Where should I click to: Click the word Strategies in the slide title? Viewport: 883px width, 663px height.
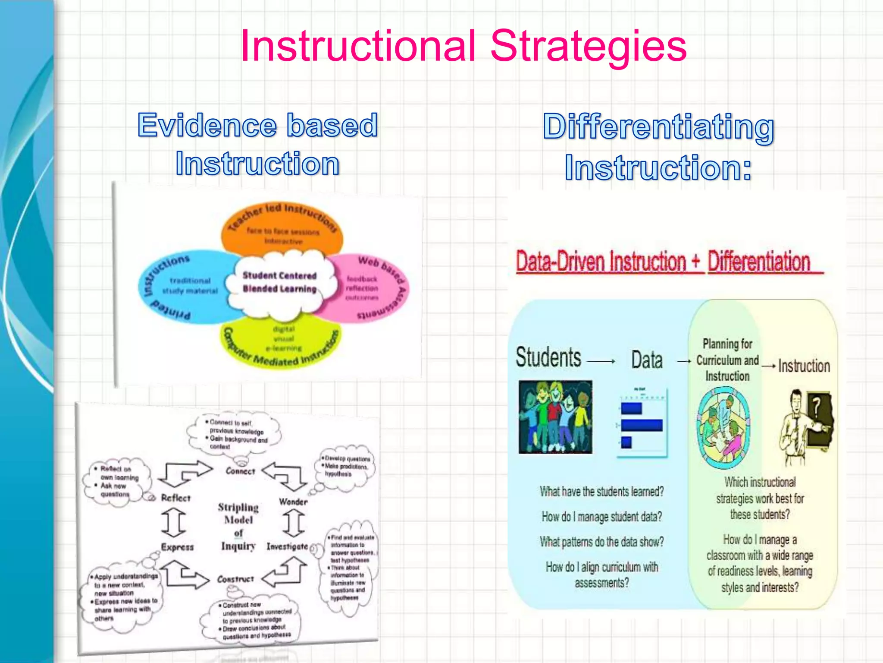pyautogui.click(x=588, y=47)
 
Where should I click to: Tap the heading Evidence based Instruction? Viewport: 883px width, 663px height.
pyautogui.click(x=258, y=144)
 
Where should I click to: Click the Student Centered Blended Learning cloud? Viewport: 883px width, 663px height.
pyautogui.click(x=279, y=282)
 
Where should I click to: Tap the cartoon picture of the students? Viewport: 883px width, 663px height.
pyautogui.click(x=555, y=417)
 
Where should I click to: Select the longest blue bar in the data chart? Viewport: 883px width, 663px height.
pyautogui.click(x=642, y=425)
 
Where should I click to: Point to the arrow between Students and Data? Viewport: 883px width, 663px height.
pyautogui.click(x=601, y=361)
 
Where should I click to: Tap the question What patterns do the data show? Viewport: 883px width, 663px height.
pyautogui.click(x=601, y=542)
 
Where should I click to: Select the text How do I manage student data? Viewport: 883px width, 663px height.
pyautogui.click(x=601, y=517)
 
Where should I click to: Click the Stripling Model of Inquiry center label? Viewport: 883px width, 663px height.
pyautogui.click(x=238, y=526)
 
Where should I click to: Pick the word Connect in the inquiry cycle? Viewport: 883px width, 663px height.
pyautogui.click(x=240, y=471)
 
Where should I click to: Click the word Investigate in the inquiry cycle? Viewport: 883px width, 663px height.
pyautogui.click(x=287, y=546)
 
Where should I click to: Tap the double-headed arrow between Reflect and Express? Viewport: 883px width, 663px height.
pyautogui.click(x=174, y=522)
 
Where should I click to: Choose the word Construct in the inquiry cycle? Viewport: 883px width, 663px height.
pyautogui.click(x=235, y=579)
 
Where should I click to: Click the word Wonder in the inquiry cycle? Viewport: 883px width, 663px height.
pyautogui.click(x=293, y=502)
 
